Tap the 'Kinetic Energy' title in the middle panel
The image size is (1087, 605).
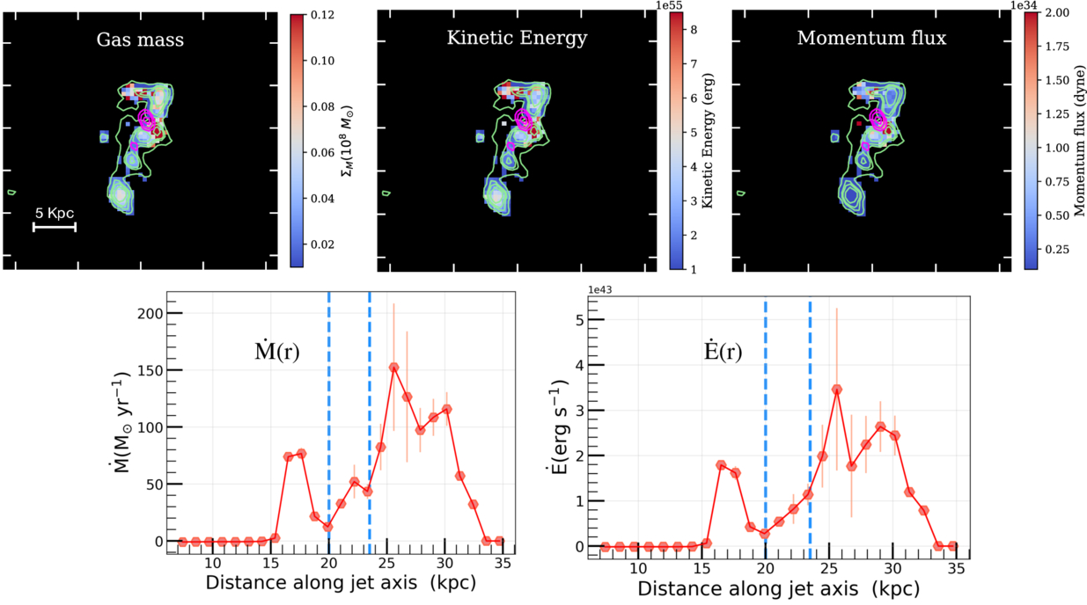tap(517, 39)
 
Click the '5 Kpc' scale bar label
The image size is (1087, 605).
tap(54, 213)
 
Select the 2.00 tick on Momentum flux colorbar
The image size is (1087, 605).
tap(1057, 15)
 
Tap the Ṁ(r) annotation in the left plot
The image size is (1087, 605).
tap(275, 352)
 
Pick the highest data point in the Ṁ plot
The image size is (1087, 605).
tap(393, 368)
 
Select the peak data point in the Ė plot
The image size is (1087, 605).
tap(837, 389)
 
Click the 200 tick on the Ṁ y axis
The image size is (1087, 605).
tap(151, 314)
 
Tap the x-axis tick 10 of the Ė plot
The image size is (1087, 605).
tap(638, 567)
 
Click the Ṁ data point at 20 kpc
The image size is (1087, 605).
tap(328, 527)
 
